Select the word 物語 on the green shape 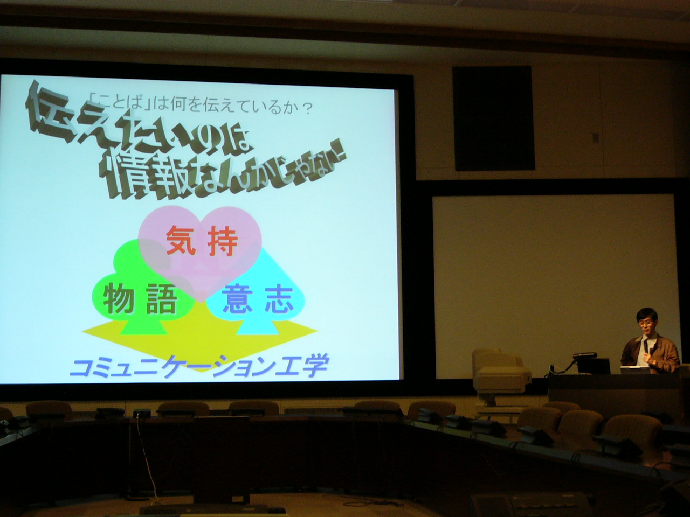140,298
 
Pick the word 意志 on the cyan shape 258,298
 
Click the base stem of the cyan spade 257,326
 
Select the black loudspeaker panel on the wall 494,118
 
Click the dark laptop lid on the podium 594,366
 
